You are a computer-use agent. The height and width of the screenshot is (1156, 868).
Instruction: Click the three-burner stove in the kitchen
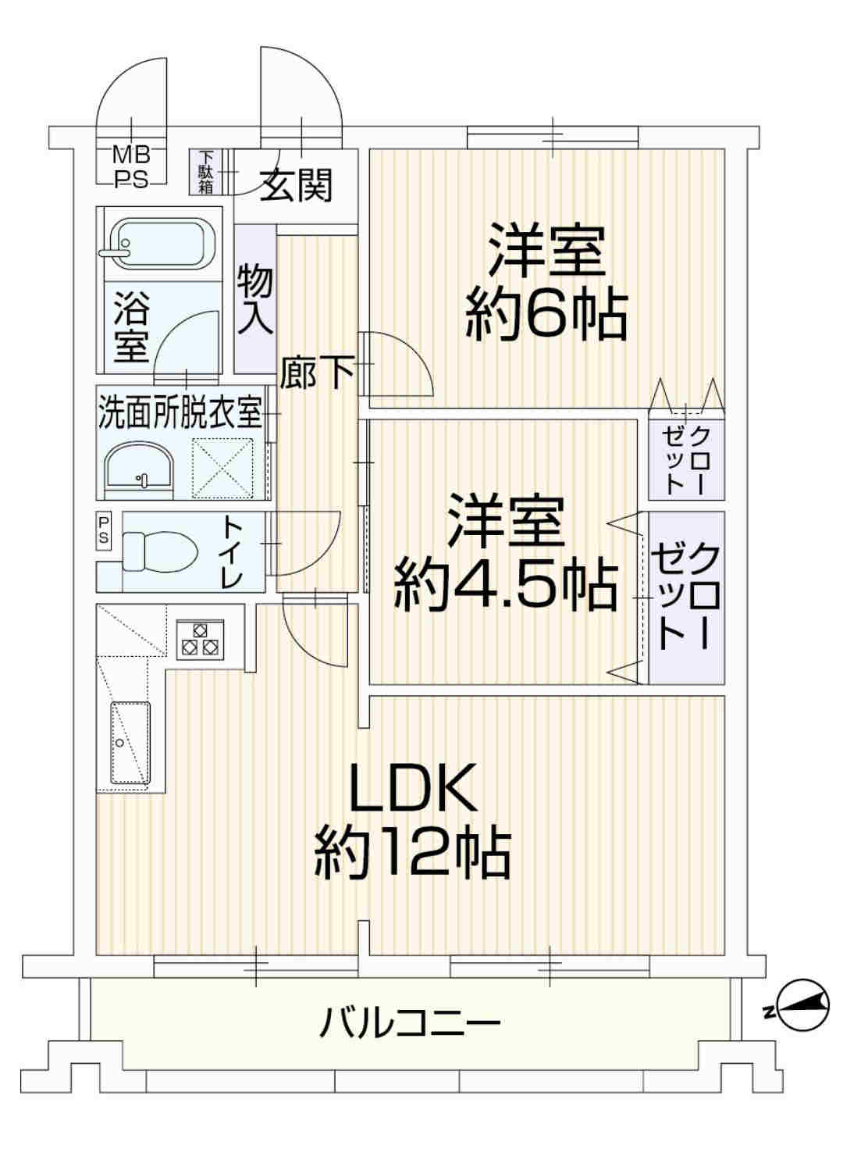pyautogui.click(x=199, y=640)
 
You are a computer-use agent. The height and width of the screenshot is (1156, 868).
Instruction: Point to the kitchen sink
pyautogui.click(x=130, y=743)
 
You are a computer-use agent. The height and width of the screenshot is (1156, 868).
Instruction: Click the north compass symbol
pyautogui.click(x=799, y=1011)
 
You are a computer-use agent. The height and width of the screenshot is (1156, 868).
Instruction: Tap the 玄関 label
pyautogui.click(x=297, y=185)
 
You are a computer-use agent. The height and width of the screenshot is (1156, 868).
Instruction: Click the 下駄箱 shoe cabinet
pyautogui.click(x=205, y=172)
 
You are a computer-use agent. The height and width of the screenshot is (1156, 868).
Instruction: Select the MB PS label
pyautogui.click(x=131, y=167)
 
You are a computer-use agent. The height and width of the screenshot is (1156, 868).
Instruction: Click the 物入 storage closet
pyautogui.click(x=255, y=300)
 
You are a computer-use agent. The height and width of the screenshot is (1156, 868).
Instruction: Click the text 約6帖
pyautogui.click(x=546, y=316)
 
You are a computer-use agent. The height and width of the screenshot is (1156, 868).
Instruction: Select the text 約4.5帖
pyautogui.click(x=506, y=585)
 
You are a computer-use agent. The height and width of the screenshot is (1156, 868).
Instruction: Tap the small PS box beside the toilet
pyautogui.click(x=103, y=531)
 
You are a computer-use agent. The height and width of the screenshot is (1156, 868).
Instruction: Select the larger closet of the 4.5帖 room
pyautogui.click(x=686, y=598)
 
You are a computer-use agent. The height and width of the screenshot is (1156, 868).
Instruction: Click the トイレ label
pyautogui.click(x=233, y=551)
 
